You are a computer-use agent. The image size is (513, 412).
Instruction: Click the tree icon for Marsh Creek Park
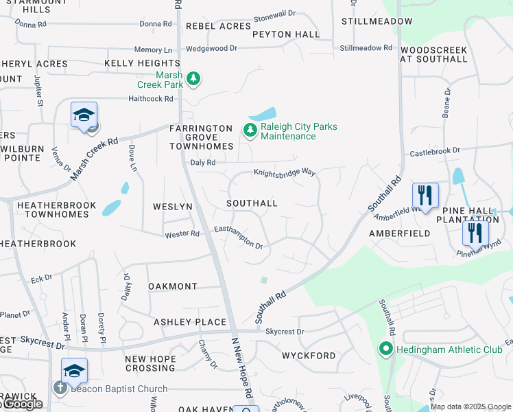pos(194,79)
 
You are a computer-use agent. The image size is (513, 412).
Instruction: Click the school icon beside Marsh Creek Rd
pos(84,115)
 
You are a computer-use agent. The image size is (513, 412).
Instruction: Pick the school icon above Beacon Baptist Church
pos(74,371)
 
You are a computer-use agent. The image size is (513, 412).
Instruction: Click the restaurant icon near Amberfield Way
pos(425,196)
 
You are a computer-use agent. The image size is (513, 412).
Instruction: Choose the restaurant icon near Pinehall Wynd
pos(475,233)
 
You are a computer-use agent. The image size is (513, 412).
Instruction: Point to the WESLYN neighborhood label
pos(173,207)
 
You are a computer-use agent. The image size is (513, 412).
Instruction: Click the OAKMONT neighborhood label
pos(173,286)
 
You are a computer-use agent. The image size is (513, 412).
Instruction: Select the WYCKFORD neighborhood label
pos(309,356)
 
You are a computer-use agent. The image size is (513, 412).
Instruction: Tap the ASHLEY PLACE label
pos(190,322)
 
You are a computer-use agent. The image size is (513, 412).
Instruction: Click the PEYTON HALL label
pos(286,34)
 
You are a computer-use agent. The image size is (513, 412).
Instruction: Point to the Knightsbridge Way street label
pos(285,173)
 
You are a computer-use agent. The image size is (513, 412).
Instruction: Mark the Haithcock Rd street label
pos(151,99)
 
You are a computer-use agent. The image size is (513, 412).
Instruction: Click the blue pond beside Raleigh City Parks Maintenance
pos(262,114)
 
